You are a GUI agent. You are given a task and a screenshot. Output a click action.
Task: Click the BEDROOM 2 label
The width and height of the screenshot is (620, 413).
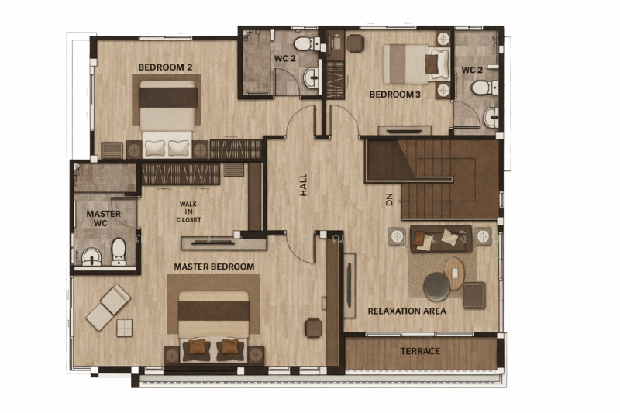(x=165, y=67)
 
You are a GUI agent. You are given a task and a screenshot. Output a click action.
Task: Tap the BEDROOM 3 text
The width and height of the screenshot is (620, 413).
(x=394, y=95)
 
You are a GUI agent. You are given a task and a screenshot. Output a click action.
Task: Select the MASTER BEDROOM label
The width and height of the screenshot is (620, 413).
(x=214, y=267)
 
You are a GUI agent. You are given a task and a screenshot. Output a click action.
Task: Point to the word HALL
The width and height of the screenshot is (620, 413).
(x=304, y=184)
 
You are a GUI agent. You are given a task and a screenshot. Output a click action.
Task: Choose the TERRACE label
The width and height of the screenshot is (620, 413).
(x=420, y=351)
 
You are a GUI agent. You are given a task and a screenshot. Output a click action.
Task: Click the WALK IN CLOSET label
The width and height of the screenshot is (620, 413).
(x=188, y=212)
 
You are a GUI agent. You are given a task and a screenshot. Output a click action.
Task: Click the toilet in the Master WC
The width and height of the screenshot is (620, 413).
(x=119, y=250)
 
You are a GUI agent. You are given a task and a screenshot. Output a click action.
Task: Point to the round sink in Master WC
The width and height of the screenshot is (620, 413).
(x=91, y=255)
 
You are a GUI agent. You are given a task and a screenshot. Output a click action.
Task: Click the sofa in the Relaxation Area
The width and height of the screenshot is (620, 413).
(x=440, y=237)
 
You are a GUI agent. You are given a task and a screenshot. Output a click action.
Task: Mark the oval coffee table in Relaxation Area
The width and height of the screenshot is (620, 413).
(x=455, y=272)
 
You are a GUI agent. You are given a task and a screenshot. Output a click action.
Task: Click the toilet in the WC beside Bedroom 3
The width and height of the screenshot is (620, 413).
(x=481, y=87)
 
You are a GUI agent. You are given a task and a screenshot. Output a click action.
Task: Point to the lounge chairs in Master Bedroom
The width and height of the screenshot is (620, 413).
(x=108, y=306)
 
